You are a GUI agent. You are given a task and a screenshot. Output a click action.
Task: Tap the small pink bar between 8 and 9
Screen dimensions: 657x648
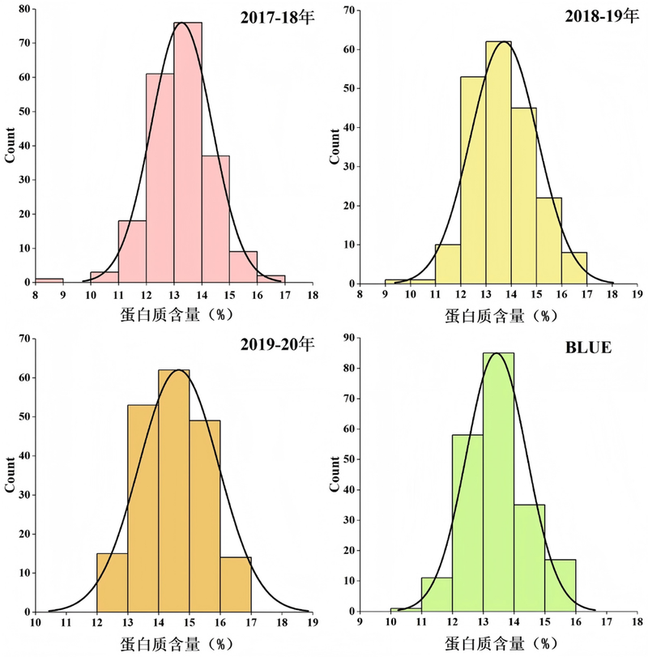49,280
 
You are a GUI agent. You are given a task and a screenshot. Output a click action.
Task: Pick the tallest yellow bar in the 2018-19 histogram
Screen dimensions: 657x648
498,162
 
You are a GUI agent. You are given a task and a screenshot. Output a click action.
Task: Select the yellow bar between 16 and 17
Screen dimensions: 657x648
573,268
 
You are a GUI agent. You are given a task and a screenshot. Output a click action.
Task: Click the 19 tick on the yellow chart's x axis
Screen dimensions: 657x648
637,295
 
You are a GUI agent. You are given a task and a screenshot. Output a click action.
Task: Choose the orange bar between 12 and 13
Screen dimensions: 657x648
112,582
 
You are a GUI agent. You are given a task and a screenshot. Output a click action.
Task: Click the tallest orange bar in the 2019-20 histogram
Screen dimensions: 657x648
173,491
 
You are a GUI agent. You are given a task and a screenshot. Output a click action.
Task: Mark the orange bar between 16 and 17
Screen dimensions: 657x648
236,584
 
